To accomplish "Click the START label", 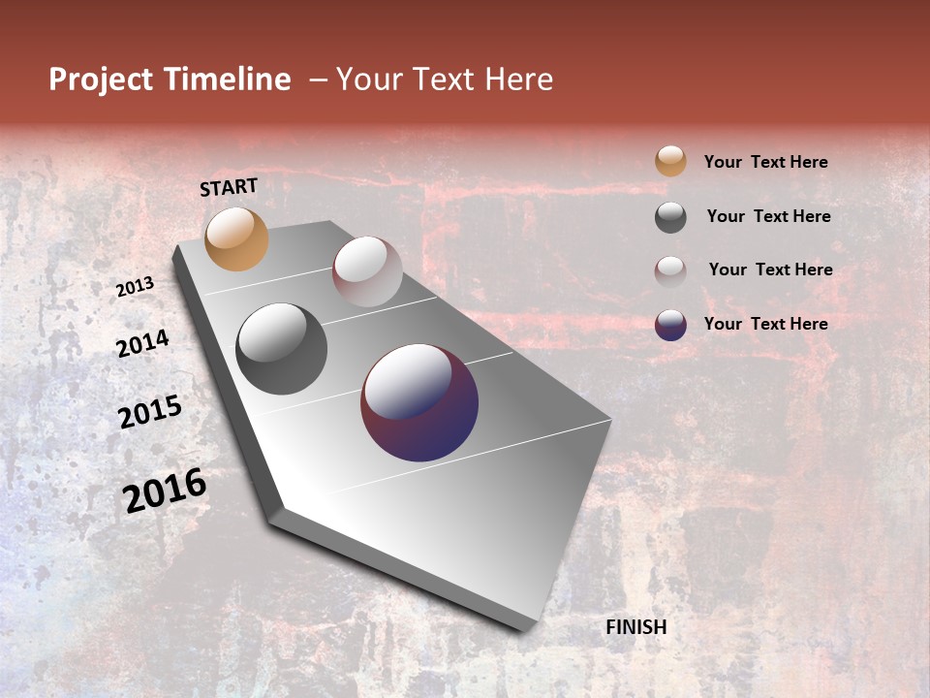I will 229,187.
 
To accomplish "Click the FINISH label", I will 635,627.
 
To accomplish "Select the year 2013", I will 135,287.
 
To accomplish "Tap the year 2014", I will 142,343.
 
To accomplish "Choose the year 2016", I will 165,491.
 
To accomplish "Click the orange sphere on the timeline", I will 236,238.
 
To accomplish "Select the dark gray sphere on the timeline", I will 281,349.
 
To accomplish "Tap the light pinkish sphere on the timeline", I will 367,271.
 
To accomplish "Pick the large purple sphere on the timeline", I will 419,402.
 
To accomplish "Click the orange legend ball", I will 670,161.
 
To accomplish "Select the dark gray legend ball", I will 670,216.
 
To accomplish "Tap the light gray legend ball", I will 670,270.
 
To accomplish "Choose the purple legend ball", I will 670,325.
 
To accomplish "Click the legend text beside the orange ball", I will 765,162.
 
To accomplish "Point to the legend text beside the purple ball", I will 765,324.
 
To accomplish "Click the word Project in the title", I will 100,79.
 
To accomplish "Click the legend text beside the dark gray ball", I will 768,216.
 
